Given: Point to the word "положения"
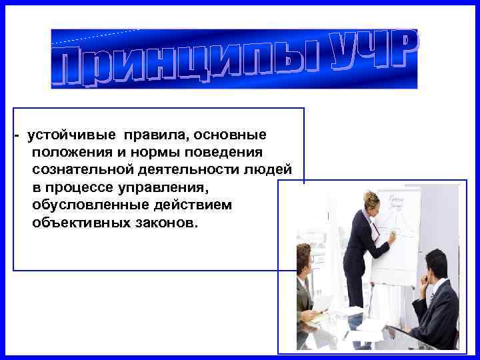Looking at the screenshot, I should (67, 153).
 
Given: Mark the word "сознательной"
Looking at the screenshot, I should (77, 170).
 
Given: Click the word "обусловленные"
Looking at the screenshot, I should (83, 205).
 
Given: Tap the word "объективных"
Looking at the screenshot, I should (75, 222).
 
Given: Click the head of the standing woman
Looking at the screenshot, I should (371, 201).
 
